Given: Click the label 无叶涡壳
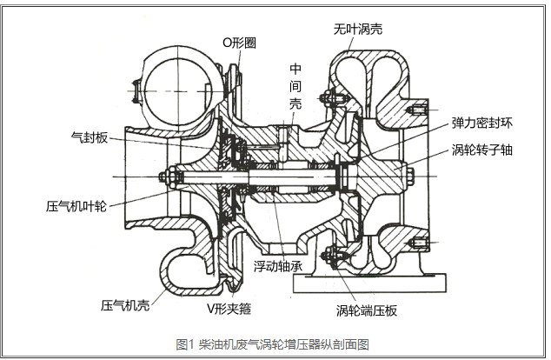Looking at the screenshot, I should pyautogui.click(x=358, y=29).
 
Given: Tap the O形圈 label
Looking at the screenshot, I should pyautogui.click(x=239, y=42).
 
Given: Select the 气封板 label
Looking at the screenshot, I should pyautogui.click(x=88, y=137).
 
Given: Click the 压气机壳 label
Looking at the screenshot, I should pyautogui.click(x=125, y=305).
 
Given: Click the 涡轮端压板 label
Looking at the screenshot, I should pyautogui.click(x=367, y=310).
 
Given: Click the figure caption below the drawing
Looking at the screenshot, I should pyautogui.click(x=273, y=343).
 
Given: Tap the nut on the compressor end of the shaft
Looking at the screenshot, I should pyautogui.click(x=164, y=180).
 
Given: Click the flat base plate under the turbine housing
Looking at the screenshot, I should pyautogui.click(x=383, y=282).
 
